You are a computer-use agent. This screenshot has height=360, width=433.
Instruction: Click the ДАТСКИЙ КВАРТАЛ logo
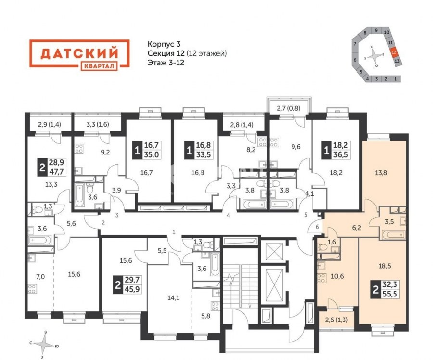pyautogui.click(x=79, y=55)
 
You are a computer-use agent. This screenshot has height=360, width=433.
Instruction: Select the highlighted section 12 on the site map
pyautogui.click(x=394, y=52)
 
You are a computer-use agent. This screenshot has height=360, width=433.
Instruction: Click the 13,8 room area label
pyautogui.click(x=381, y=173)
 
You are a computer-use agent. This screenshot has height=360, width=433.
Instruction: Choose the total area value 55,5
pyautogui.click(x=390, y=294)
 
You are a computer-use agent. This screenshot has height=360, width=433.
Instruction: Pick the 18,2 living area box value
pyautogui.click(x=341, y=145)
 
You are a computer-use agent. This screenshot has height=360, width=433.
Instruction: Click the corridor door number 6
pyautogui.click(x=318, y=227)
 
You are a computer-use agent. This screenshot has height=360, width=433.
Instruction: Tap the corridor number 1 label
pyautogui.click(x=174, y=232)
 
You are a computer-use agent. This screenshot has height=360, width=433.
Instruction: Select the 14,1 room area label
pyautogui.click(x=173, y=298)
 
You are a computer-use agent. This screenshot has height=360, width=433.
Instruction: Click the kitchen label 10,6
pyautogui.click(x=337, y=276)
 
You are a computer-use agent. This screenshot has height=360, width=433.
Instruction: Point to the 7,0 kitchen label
pyautogui.click(x=40, y=277)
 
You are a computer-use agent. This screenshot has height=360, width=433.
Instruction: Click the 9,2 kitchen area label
pyautogui.click(x=105, y=152)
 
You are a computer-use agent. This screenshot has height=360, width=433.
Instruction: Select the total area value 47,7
pyautogui.click(x=56, y=171)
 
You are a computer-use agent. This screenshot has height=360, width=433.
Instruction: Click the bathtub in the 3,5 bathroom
pyautogui.click(x=393, y=235)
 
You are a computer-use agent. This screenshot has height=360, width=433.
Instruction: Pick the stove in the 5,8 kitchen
pyautogui.click(x=215, y=306)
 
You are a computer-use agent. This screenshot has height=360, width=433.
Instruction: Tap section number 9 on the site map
pyautogui.click(x=376, y=30)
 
